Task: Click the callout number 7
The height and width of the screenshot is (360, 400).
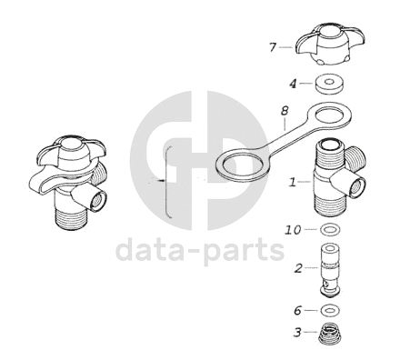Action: [273, 47]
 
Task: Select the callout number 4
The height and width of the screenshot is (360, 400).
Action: [293, 84]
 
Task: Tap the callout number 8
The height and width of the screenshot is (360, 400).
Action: [285, 111]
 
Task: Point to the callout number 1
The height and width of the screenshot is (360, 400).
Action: [292, 182]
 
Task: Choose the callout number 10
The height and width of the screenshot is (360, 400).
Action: [293, 230]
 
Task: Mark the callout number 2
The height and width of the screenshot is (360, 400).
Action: [298, 268]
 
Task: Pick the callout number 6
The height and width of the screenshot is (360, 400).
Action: [298, 310]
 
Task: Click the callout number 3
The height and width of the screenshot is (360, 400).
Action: [297, 333]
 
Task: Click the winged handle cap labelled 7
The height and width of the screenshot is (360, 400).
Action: [330, 45]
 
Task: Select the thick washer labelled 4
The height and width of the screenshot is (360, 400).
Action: [328, 84]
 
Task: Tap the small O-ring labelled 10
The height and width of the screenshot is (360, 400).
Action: [330, 229]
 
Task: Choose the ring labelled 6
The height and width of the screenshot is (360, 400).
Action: [330, 310]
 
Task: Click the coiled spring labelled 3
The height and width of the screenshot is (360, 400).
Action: [330, 334]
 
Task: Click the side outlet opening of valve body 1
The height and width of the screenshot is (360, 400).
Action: [357, 186]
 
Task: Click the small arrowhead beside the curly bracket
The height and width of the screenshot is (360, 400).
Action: [162, 181]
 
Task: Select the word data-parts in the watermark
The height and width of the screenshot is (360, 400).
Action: [200, 250]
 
